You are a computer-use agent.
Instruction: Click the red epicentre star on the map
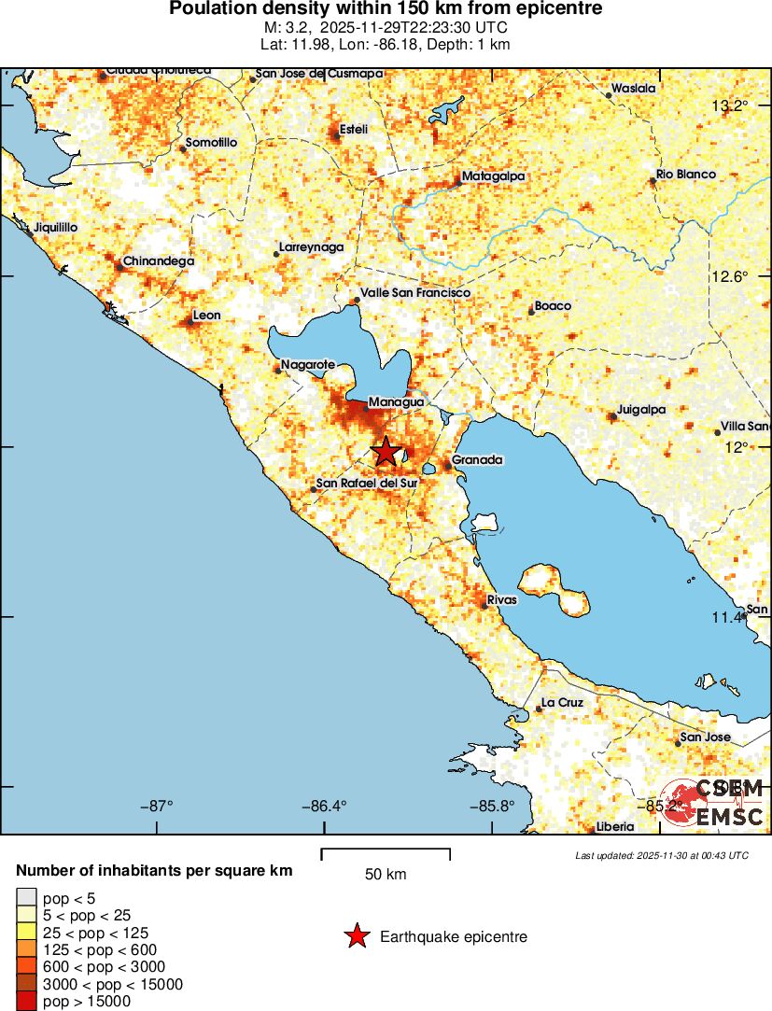386,452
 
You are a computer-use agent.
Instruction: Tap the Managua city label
396,402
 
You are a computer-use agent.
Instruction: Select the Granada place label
477,460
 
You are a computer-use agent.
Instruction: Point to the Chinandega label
159,261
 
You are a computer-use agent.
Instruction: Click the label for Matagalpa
493,176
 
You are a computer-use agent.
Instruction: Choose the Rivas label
502,600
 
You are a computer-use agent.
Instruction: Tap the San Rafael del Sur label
366,484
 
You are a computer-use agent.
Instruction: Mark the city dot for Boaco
531,312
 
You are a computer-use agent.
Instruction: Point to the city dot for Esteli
336,135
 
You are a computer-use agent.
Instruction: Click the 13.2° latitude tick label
729,105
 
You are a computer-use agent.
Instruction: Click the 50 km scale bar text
386,875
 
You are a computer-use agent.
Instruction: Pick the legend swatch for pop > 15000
26,1002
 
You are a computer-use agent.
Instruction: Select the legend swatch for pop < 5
26,899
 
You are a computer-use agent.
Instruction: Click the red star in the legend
356,936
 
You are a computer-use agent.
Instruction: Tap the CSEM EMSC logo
713,802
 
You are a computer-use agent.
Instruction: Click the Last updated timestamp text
662,855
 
